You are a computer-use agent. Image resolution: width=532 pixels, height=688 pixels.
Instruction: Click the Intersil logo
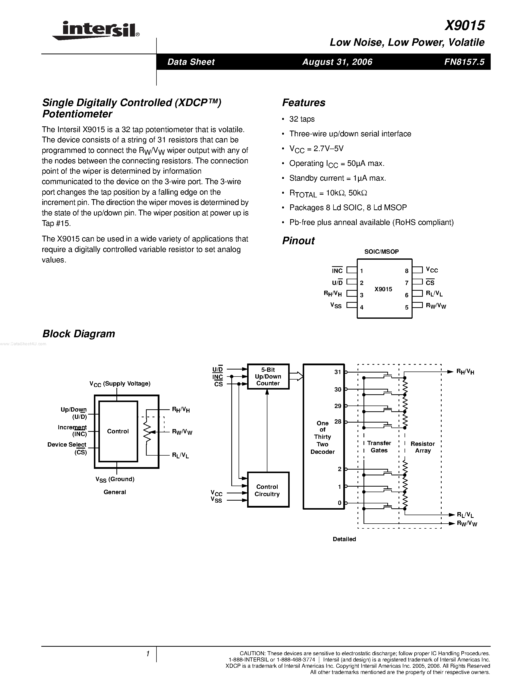[96, 30]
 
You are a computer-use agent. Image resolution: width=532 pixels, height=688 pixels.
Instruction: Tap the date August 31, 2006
[337, 62]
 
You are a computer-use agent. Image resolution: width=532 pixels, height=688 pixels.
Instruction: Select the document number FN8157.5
[464, 62]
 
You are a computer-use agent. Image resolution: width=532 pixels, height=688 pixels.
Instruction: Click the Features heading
[303, 103]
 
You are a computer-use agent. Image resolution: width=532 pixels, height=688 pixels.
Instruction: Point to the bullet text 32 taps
[302, 119]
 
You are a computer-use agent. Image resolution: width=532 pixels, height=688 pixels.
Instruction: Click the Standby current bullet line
[337, 178]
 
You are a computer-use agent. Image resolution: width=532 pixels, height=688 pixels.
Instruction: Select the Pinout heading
[298, 241]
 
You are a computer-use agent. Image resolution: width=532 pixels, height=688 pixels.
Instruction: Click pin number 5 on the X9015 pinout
[407, 307]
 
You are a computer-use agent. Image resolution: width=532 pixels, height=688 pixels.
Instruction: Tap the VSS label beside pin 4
[336, 305]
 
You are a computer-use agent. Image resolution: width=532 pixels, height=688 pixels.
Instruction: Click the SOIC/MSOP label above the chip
[381, 251]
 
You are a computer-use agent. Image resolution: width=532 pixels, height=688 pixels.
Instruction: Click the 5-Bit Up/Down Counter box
[268, 377]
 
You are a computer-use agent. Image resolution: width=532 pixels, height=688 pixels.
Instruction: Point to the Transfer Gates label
[379, 447]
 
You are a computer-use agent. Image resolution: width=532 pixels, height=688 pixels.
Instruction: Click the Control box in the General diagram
[118, 431]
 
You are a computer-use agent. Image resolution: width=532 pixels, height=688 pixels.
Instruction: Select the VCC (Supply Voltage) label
[120, 384]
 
